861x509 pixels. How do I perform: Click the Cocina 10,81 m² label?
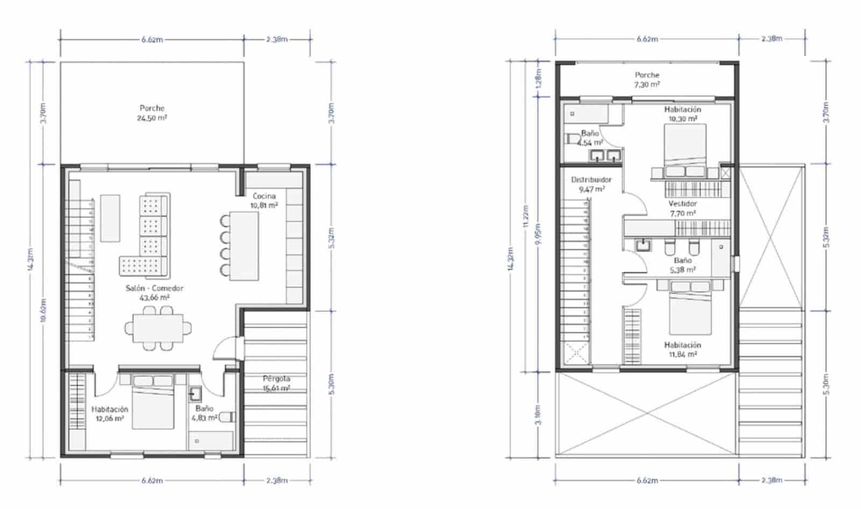click(x=264, y=200)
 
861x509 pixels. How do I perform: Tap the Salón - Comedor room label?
click(x=154, y=292)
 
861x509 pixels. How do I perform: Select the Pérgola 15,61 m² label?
click(x=277, y=383)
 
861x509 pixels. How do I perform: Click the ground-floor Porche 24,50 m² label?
click(x=152, y=113)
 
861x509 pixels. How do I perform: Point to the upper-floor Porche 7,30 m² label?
click(x=647, y=80)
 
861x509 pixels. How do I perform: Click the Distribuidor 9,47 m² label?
click(x=591, y=184)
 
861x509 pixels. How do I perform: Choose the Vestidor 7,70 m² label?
click(x=682, y=208)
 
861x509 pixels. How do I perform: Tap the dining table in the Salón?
click(x=158, y=327)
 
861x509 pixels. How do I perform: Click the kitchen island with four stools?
click(x=244, y=246)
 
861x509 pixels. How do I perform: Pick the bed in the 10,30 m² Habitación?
click(x=685, y=145)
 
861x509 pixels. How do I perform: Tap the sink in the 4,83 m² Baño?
click(x=195, y=394)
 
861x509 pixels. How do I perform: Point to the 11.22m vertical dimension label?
click(x=526, y=216)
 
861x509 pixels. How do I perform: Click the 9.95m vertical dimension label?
click(x=539, y=234)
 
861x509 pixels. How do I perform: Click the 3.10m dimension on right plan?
click(x=539, y=415)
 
